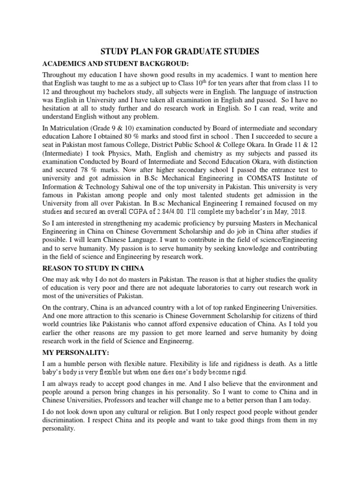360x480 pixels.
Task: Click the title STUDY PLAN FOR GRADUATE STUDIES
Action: pyautogui.click(x=180, y=51)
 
